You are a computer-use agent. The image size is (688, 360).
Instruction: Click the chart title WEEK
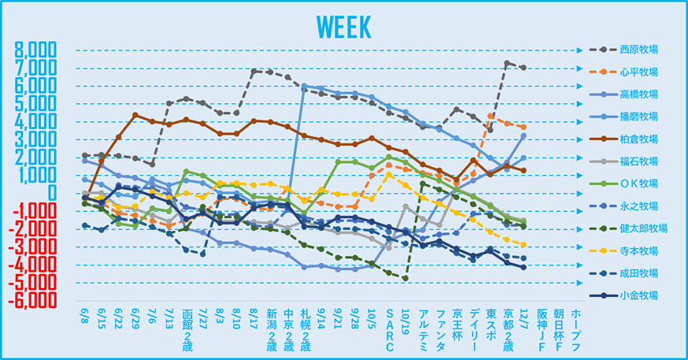coord(344,25)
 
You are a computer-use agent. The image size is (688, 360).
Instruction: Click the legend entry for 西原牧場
coord(638,49)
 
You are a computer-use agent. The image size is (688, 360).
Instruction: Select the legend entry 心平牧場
coord(638,72)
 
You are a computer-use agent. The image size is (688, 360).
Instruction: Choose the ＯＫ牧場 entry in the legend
coord(638,184)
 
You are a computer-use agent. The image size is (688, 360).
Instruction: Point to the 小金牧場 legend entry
coord(638,296)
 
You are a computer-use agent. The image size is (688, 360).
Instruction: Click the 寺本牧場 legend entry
coord(638,251)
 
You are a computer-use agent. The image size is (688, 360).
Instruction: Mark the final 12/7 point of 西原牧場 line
coord(523,68)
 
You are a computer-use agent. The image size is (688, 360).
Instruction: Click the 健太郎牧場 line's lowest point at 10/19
coord(405,278)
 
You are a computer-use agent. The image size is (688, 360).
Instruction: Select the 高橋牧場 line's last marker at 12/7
coord(523,136)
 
